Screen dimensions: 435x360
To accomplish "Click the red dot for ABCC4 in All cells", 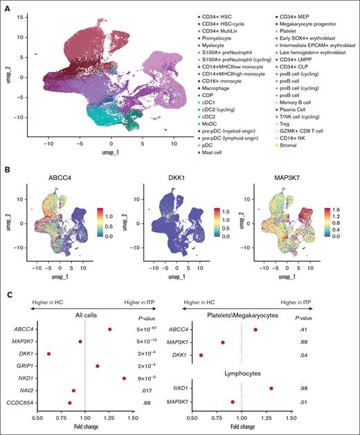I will coord(109,329).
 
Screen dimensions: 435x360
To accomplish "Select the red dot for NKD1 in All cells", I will coord(124,378).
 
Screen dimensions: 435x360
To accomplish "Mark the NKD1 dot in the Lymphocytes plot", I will coord(271,389).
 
